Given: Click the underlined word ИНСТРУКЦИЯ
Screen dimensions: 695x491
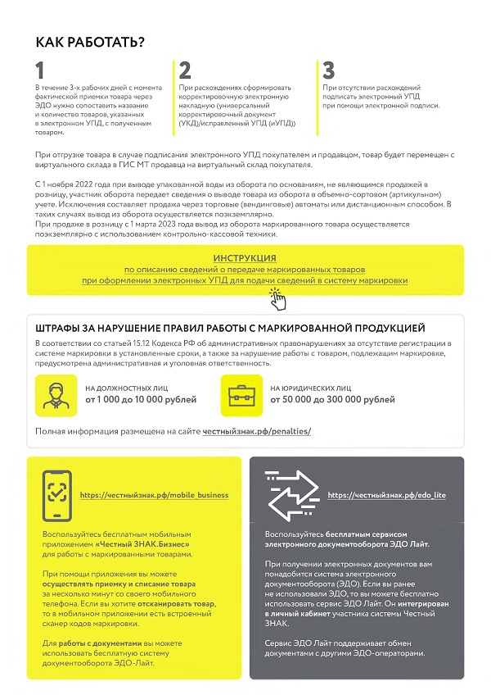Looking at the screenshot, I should (244, 258).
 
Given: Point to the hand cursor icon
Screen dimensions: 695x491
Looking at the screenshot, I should (278, 298).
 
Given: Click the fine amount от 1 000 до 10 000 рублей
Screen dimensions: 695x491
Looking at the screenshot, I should (140, 400).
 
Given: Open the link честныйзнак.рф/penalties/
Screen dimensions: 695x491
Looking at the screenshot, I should (257, 431).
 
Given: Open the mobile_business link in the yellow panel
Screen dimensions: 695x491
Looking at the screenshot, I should (154, 496).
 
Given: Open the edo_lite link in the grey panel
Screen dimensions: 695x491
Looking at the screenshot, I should (386, 496).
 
